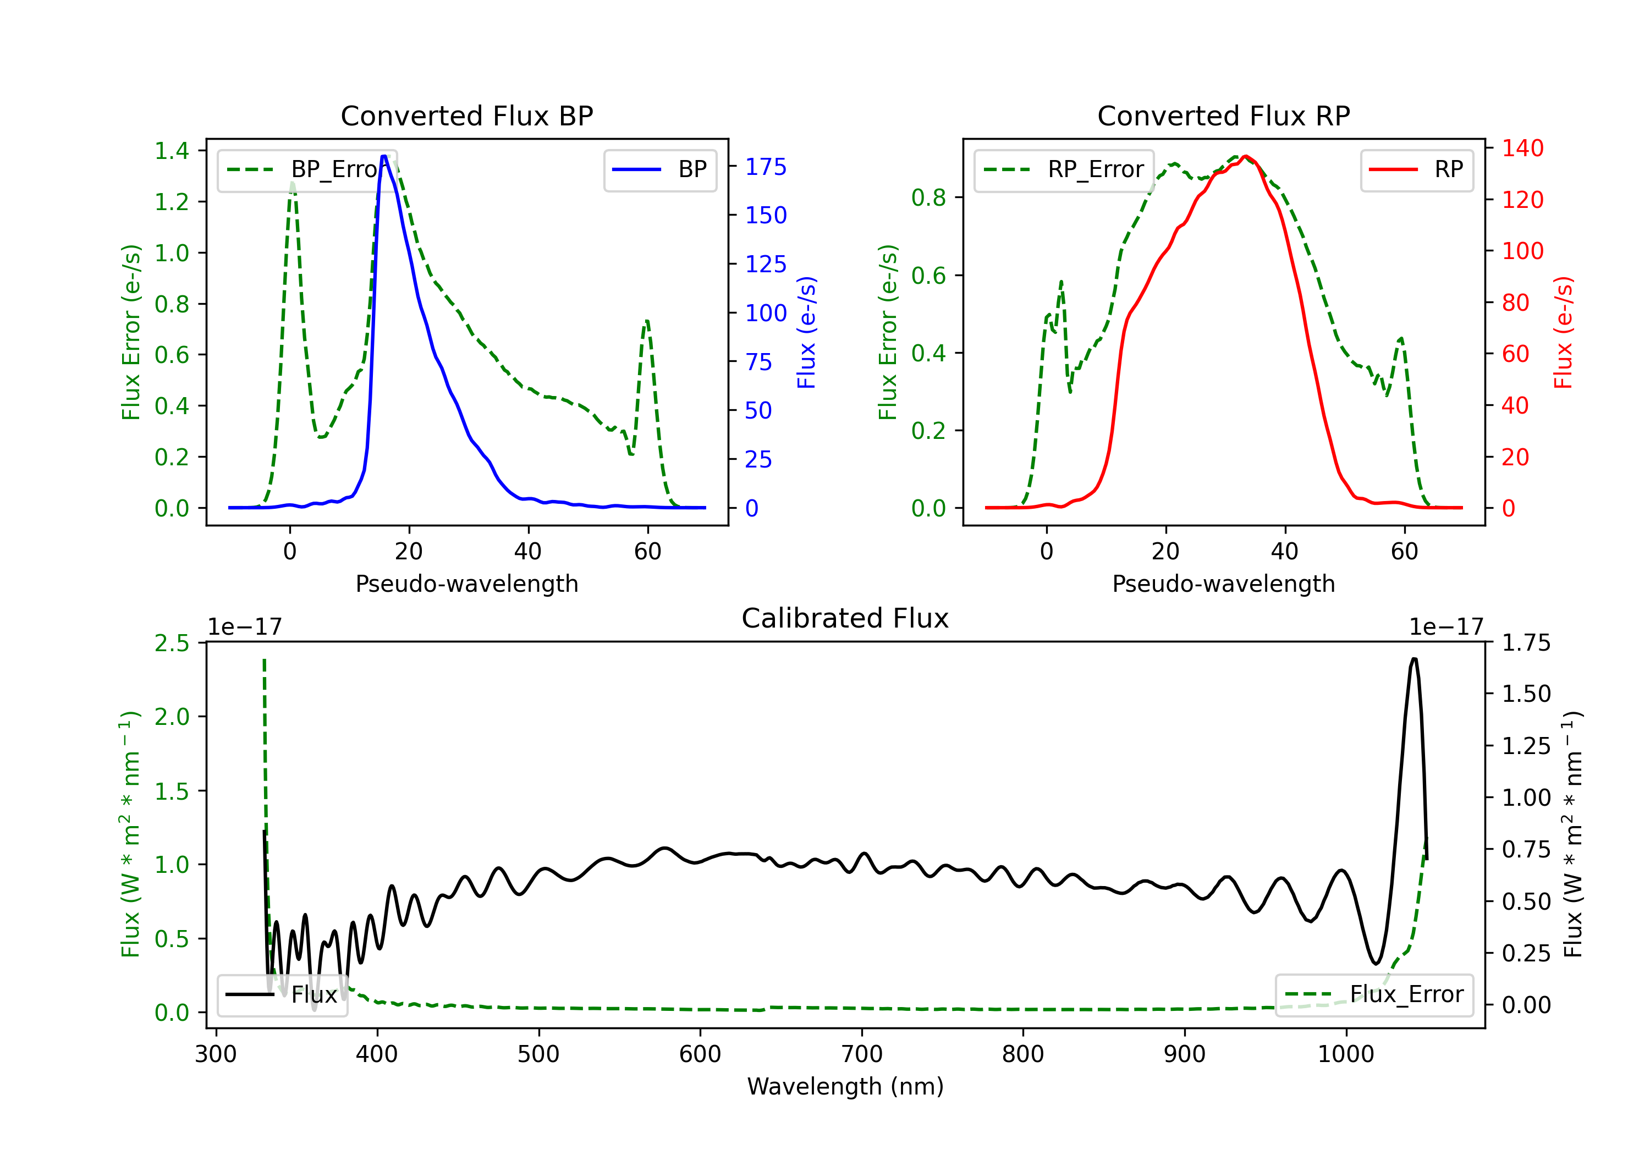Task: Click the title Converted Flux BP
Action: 466,116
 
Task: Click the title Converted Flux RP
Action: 1223,116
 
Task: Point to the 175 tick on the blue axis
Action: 766,167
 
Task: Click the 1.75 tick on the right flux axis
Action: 1526,642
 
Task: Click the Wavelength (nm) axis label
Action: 845,1086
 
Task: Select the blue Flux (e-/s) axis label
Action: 806,332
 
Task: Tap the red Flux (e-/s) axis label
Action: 1563,332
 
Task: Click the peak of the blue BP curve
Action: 384,157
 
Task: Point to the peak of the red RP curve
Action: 1245,157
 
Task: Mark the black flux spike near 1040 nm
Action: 1414,659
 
